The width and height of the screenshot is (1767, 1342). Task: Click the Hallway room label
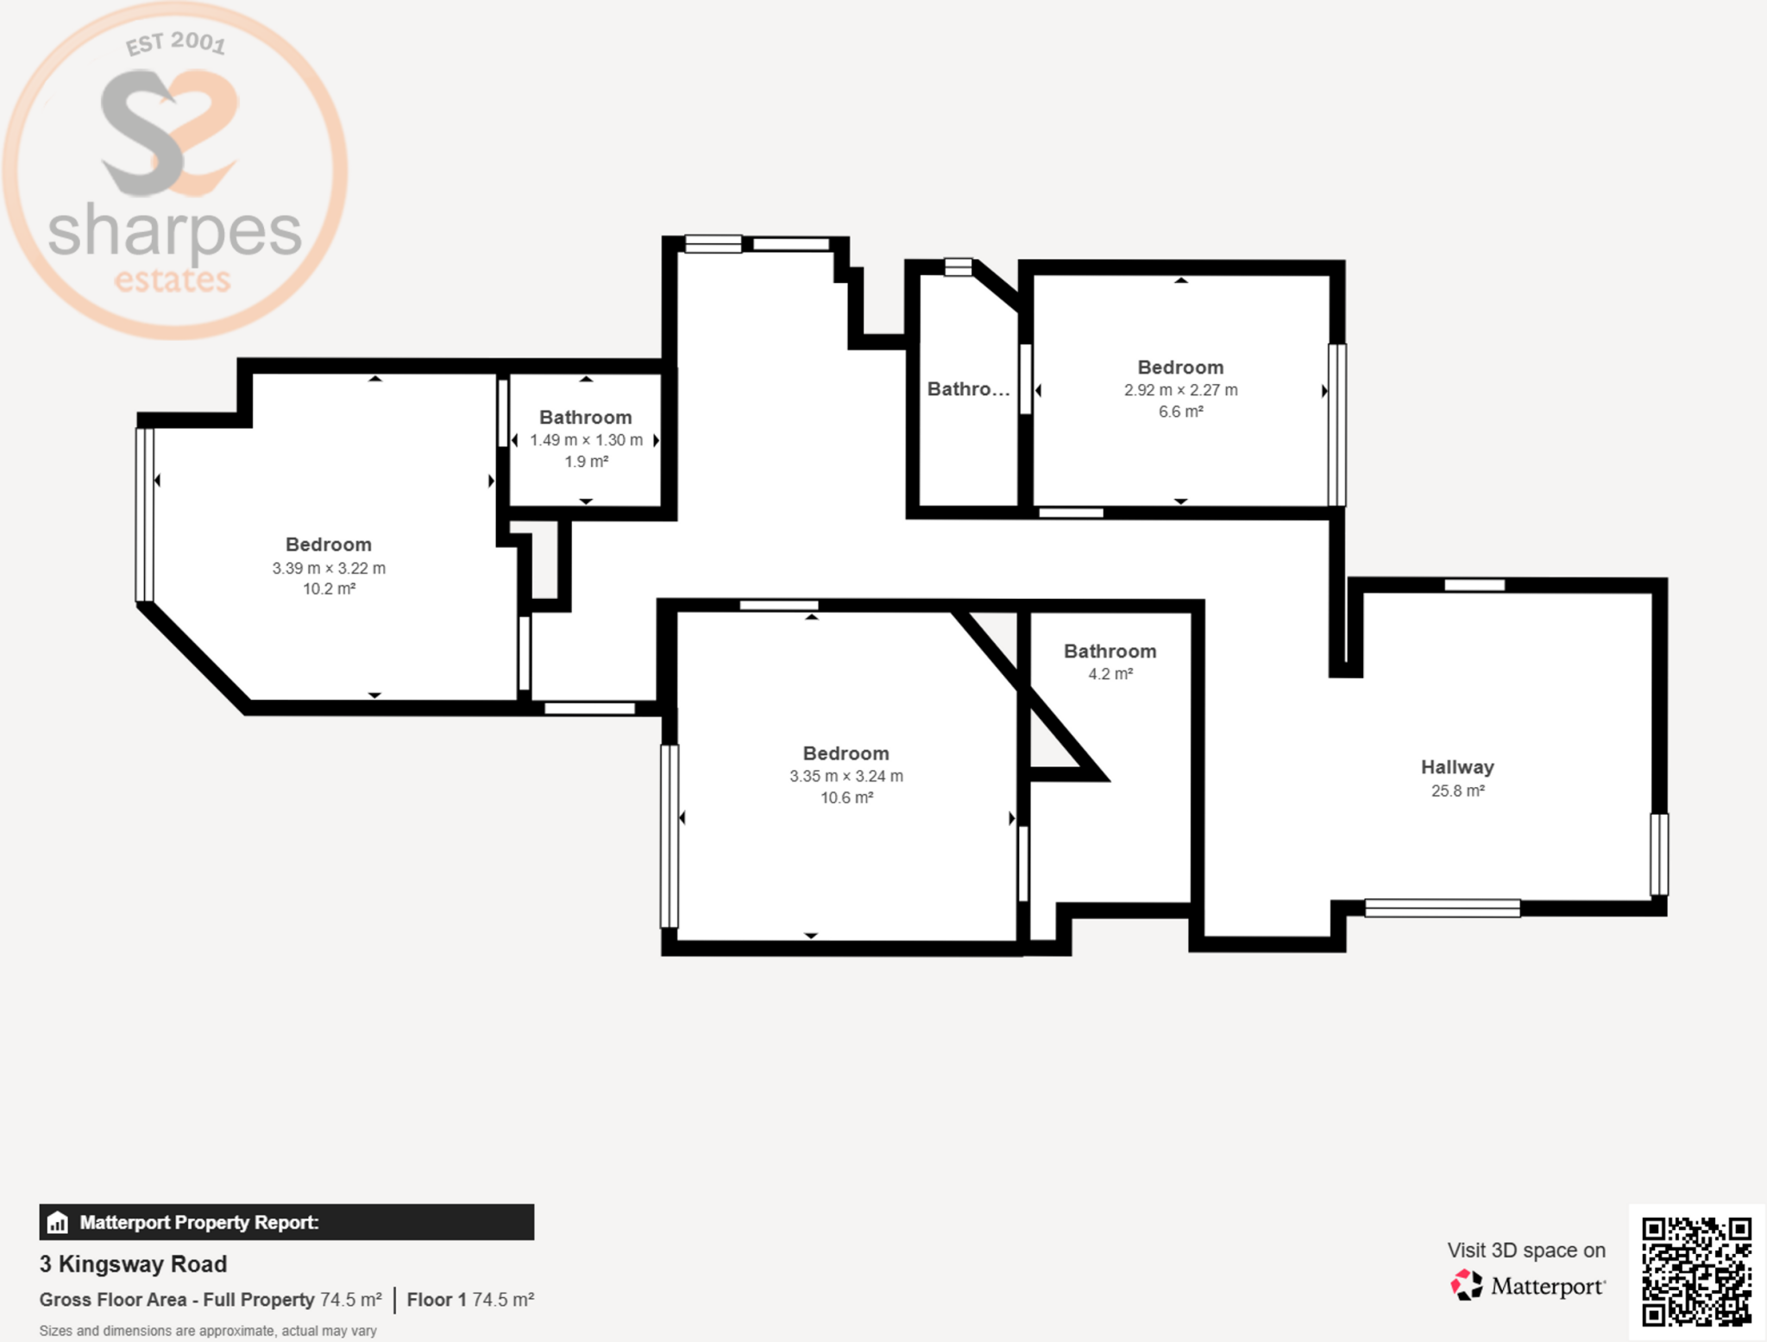pos(1457,767)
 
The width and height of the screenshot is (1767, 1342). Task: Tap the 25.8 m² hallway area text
pos(1457,791)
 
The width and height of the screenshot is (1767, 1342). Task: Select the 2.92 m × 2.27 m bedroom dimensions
pos(1180,390)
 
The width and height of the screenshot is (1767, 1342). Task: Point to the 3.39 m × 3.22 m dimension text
pos(329,568)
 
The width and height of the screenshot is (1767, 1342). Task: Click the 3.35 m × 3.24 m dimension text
pos(846,776)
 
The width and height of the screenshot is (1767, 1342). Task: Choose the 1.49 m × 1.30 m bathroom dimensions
pos(586,440)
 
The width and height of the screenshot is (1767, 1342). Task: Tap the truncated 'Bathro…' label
pos(968,389)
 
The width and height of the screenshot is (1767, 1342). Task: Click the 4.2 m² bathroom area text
pos(1110,674)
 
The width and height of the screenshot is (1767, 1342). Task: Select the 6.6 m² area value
pos(1180,412)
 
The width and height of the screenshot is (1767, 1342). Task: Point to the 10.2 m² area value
pos(329,589)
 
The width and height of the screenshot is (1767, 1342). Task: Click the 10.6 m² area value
pos(846,797)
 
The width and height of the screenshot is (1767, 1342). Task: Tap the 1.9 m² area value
pos(586,462)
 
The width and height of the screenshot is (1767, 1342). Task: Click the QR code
pos(1696,1271)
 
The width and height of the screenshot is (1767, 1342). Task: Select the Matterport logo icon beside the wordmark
pos(1467,1285)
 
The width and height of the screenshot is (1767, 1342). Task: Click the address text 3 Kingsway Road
pos(133,1264)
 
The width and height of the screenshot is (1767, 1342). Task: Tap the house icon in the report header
pos(58,1222)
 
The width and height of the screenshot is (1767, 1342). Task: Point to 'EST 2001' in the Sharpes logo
pos(175,42)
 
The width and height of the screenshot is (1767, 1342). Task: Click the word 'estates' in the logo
pos(173,280)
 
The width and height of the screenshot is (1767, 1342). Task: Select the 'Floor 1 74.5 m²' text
pos(470,1300)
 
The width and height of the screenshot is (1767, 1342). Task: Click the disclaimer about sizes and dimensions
pos(208,1331)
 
